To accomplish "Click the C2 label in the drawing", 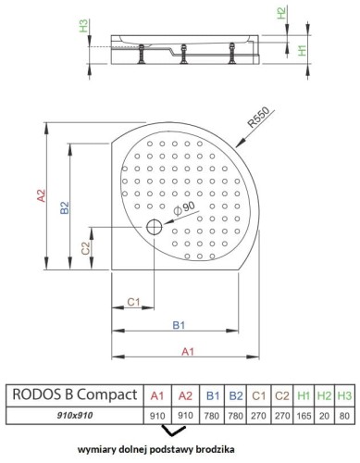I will point(85,249).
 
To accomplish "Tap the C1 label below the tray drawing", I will point(133,302).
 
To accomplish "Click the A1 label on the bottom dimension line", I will point(187,351).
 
